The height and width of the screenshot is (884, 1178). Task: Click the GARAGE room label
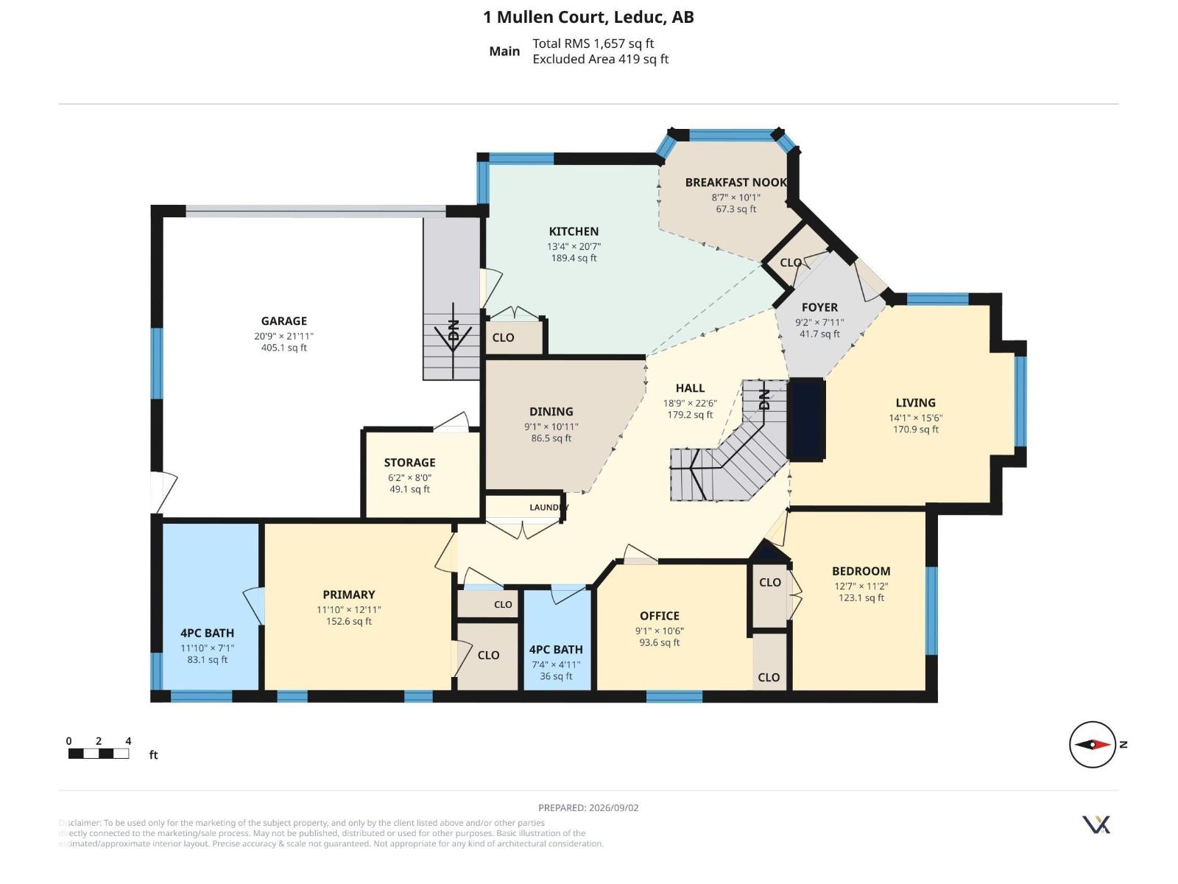pyautogui.click(x=284, y=321)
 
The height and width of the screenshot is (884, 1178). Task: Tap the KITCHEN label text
pyautogui.click(x=574, y=231)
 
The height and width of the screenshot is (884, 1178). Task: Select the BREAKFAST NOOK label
pyautogui.click(x=736, y=183)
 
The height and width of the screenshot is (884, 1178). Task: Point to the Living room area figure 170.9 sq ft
pyautogui.click(x=916, y=429)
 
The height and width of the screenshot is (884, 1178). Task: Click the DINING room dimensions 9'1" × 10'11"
pyautogui.click(x=551, y=427)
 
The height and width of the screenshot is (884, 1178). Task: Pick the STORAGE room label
pyautogui.click(x=409, y=463)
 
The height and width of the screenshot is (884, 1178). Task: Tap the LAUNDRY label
pyautogui.click(x=549, y=508)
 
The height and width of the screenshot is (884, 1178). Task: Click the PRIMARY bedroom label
pyautogui.click(x=349, y=594)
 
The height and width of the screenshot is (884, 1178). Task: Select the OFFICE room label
pyautogui.click(x=660, y=616)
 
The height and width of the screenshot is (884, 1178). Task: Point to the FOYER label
pyautogui.click(x=819, y=307)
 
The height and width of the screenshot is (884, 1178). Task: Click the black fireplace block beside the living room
pyautogui.click(x=807, y=420)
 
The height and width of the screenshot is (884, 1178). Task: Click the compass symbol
pyautogui.click(x=1092, y=745)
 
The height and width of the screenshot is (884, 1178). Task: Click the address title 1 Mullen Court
pyautogui.click(x=546, y=17)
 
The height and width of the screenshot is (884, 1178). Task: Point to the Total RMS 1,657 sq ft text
pyautogui.click(x=593, y=43)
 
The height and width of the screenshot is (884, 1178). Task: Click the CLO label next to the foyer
pyautogui.click(x=791, y=263)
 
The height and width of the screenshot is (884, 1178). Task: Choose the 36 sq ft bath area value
pyautogui.click(x=556, y=676)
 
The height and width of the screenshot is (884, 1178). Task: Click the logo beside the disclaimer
pyautogui.click(x=1096, y=825)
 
